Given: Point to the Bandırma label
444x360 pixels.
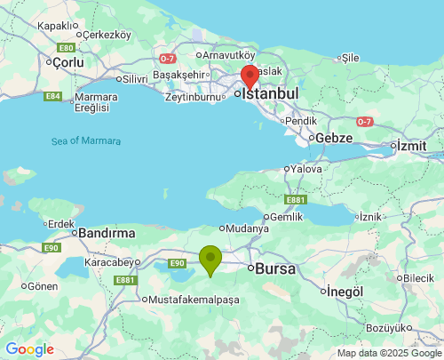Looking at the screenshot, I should (107, 233).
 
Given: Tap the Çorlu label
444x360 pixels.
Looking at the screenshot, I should (67, 63).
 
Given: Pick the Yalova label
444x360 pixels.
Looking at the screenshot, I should (305, 168).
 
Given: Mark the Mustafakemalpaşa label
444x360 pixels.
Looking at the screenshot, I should (194, 300).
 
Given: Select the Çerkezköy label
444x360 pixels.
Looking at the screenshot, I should (106, 35).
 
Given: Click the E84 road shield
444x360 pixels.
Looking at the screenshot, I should (53, 96).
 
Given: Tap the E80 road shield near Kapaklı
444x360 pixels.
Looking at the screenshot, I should (66, 47).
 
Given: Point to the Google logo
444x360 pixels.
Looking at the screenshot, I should (29, 349).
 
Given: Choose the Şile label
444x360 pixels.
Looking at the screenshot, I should (350, 57).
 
